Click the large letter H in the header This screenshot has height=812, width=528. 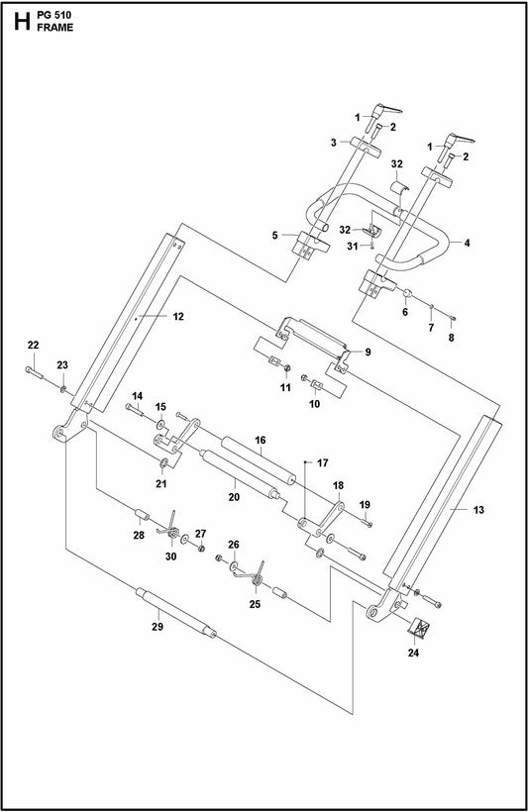tap(17, 19)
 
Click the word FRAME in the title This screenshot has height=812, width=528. tap(55, 27)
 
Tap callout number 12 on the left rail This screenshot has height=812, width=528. tap(178, 318)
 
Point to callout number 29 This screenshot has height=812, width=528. tap(158, 628)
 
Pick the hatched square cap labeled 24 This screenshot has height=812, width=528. tap(422, 627)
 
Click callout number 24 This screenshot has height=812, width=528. tap(414, 653)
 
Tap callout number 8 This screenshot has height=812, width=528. tap(452, 338)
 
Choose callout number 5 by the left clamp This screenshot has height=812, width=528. tap(275, 235)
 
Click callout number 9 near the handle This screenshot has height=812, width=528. tap(368, 353)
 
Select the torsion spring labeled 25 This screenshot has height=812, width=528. tap(260, 572)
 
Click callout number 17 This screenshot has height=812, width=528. tap(322, 462)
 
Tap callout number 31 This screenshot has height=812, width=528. tap(353, 248)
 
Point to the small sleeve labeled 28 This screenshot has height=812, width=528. tap(141, 516)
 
